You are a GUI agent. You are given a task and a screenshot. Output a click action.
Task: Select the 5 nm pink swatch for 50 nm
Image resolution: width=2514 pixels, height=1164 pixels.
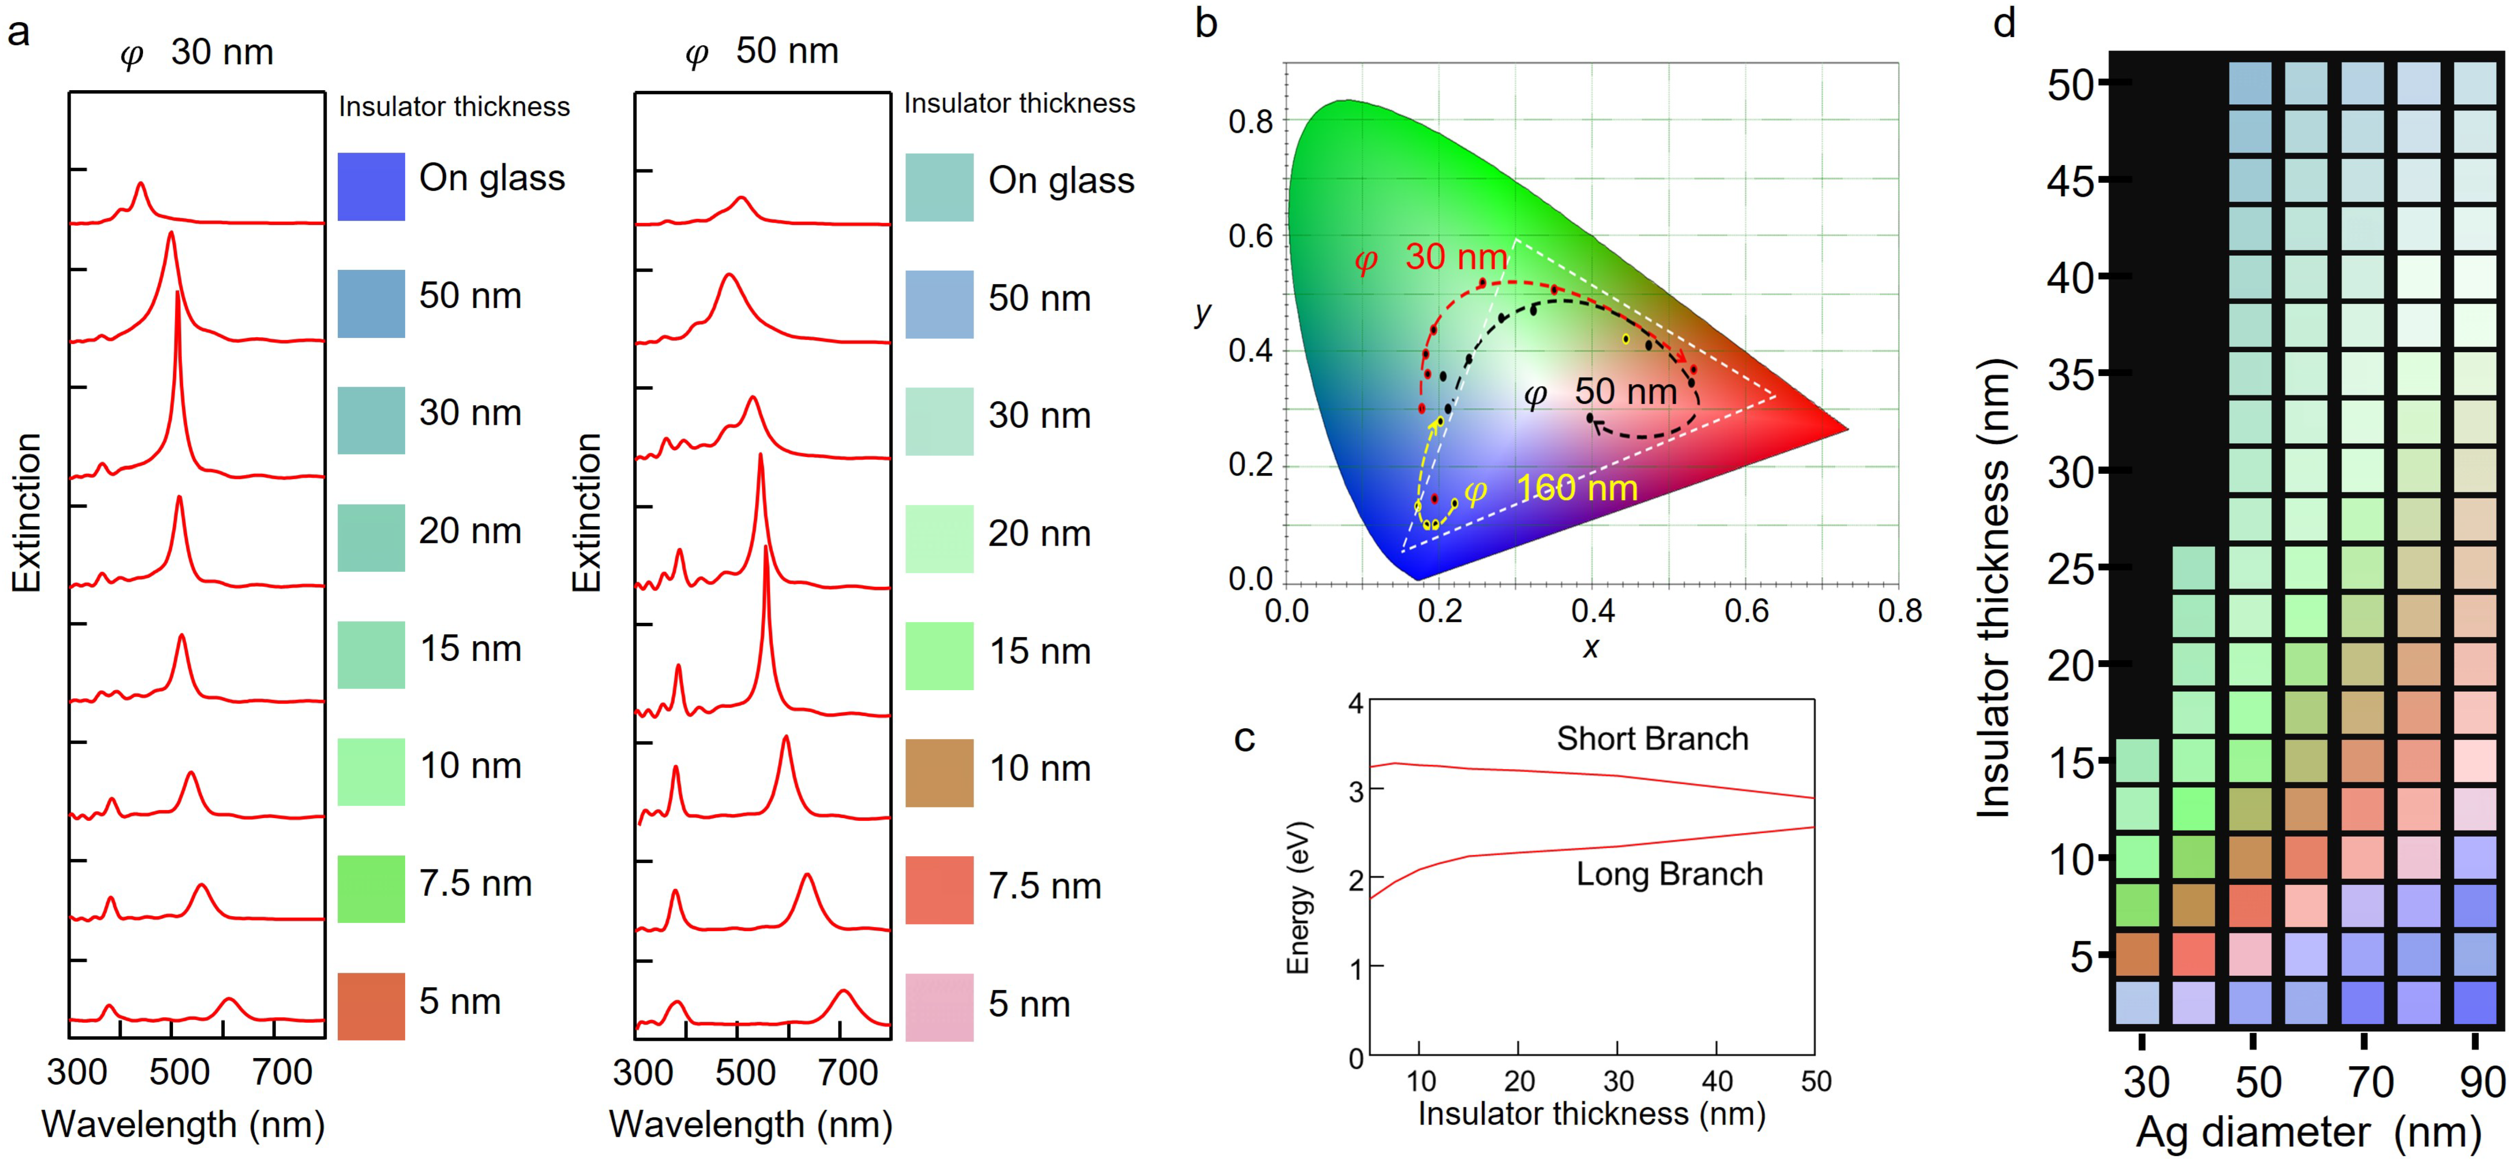click(x=939, y=1006)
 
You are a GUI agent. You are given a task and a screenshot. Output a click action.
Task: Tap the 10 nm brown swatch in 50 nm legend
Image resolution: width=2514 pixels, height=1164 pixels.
click(x=939, y=772)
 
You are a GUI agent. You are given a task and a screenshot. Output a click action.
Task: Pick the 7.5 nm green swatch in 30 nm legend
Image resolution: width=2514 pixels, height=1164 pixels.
click(x=371, y=888)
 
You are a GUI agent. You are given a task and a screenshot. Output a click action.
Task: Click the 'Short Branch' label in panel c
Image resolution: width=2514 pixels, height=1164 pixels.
click(x=1651, y=739)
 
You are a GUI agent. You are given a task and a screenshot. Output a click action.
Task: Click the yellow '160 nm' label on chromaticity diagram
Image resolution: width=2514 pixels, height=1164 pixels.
click(x=1576, y=488)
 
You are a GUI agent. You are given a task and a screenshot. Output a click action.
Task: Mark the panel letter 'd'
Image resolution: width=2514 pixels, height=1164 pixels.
click(x=2004, y=23)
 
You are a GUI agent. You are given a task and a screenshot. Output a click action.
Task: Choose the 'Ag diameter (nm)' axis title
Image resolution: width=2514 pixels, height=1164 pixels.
click(x=2308, y=1132)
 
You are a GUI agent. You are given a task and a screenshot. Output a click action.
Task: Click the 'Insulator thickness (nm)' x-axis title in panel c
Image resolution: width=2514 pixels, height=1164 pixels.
click(x=1591, y=1113)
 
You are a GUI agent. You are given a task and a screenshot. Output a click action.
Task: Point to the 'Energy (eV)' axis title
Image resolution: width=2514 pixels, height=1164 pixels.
click(x=1298, y=898)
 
